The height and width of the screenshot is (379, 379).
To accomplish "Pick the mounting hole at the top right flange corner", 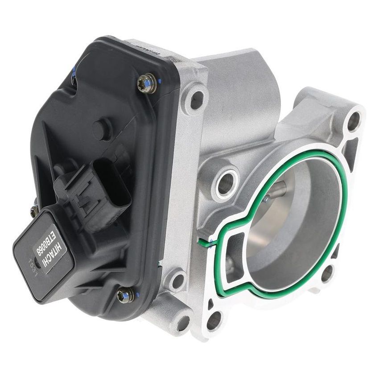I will pyautogui.click(x=353, y=119).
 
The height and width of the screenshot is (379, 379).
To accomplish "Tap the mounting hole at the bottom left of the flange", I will pyautogui.click(x=214, y=320).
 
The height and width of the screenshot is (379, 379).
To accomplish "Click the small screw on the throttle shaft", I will pyautogui.click(x=266, y=199).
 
